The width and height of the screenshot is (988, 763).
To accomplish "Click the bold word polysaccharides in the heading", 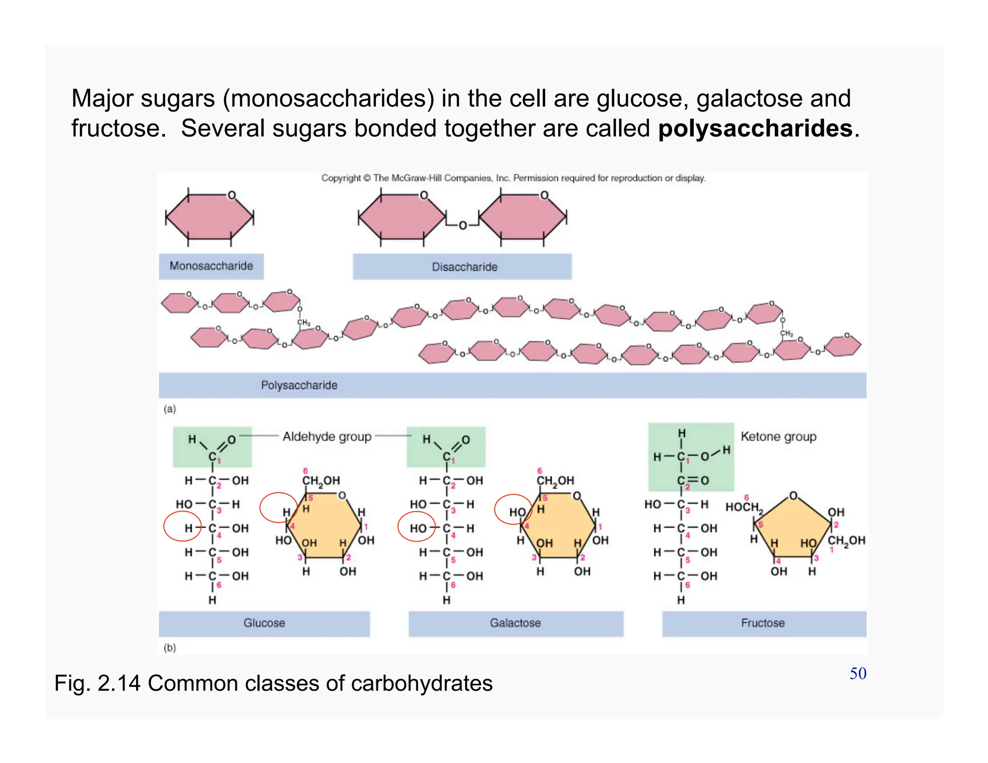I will pyautogui.click(x=755, y=129).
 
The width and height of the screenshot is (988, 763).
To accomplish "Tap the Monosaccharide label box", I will pyautogui.click(x=211, y=266).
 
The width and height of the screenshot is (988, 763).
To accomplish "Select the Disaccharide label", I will pyautogui.click(x=464, y=267).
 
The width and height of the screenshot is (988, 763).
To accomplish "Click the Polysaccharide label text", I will pyautogui.click(x=299, y=385).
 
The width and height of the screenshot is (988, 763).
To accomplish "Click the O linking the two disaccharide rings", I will pyautogui.click(x=462, y=225).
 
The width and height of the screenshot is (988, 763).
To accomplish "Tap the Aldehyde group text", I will pyautogui.click(x=327, y=436).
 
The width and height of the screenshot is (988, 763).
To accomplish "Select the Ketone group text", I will pyautogui.click(x=778, y=436).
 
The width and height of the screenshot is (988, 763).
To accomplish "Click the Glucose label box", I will pyautogui.click(x=264, y=623).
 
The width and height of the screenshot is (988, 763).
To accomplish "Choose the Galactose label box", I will pyautogui.click(x=515, y=623).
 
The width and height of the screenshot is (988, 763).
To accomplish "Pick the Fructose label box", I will pyautogui.click(x=763, y=623).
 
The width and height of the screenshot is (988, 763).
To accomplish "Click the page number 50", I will pyautogui.click(x=858, y=674).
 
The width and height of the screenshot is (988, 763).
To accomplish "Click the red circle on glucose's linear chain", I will pyautogui.click(x=181, y=526).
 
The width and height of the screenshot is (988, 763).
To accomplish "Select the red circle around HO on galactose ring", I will pyautogui.click(x=513, y=509).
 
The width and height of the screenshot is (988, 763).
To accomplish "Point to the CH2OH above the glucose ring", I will pyautogui.click(x=321, y=481).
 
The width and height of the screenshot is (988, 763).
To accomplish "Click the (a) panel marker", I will pyautogui.click(x=170, y=409).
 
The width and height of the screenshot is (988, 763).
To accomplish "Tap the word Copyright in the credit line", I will pyautogui.click(x=341, y=178).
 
